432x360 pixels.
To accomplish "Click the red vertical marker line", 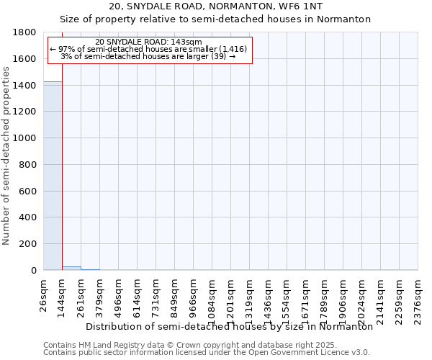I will click(62, 166).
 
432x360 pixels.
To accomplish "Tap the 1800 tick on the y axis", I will click(26, 32).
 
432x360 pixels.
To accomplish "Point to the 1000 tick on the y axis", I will click(26, 138).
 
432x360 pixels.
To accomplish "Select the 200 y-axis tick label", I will click(29, 244).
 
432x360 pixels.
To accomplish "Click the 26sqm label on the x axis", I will click(44, 293).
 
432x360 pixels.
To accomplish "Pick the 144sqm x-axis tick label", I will click(63, 296).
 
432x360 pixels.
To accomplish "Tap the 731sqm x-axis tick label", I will click(156, 296).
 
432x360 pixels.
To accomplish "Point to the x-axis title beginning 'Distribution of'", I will click(229, 326).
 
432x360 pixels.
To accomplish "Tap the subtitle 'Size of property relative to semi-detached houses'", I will click(216, 19).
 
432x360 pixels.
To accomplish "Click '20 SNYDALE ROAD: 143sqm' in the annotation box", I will click(148, 42).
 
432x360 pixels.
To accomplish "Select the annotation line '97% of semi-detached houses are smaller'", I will click(148, 49).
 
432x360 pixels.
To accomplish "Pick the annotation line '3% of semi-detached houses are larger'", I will click(148, 56).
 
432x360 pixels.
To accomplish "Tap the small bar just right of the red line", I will click(71, 268).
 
